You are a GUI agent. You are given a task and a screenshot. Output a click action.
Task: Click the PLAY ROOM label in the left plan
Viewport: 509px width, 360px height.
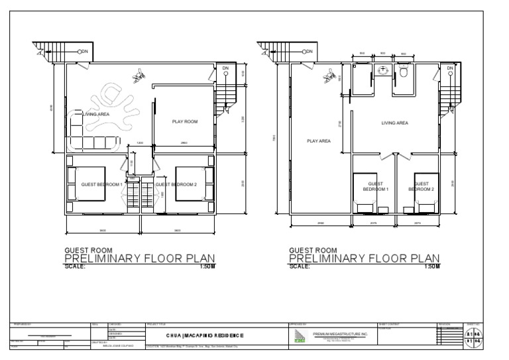point(185,121)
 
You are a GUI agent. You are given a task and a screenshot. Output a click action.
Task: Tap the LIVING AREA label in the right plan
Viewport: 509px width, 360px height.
point(394,123)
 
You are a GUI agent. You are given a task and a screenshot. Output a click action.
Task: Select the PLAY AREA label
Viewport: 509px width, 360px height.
point(318,141)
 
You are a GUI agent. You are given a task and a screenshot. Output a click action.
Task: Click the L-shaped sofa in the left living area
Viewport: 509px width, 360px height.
point(93,139)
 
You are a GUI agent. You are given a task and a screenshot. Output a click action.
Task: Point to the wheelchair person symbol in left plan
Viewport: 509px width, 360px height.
point(139,78)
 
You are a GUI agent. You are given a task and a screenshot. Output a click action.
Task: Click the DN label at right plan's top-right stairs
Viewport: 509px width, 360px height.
point(450,68)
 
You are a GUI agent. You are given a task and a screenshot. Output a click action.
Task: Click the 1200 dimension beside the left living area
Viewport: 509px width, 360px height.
point(140,143)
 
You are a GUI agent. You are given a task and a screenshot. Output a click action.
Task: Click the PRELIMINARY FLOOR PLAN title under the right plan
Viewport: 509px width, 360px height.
point(365,258)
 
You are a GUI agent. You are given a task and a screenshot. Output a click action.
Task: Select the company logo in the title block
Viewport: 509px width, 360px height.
point(300,335)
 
